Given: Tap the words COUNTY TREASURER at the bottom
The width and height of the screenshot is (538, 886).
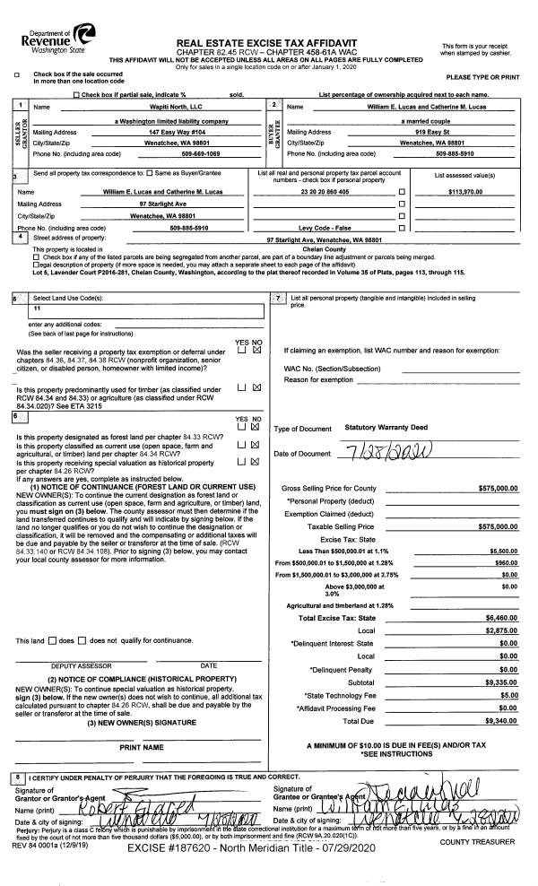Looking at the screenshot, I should (x=485, y=842).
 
